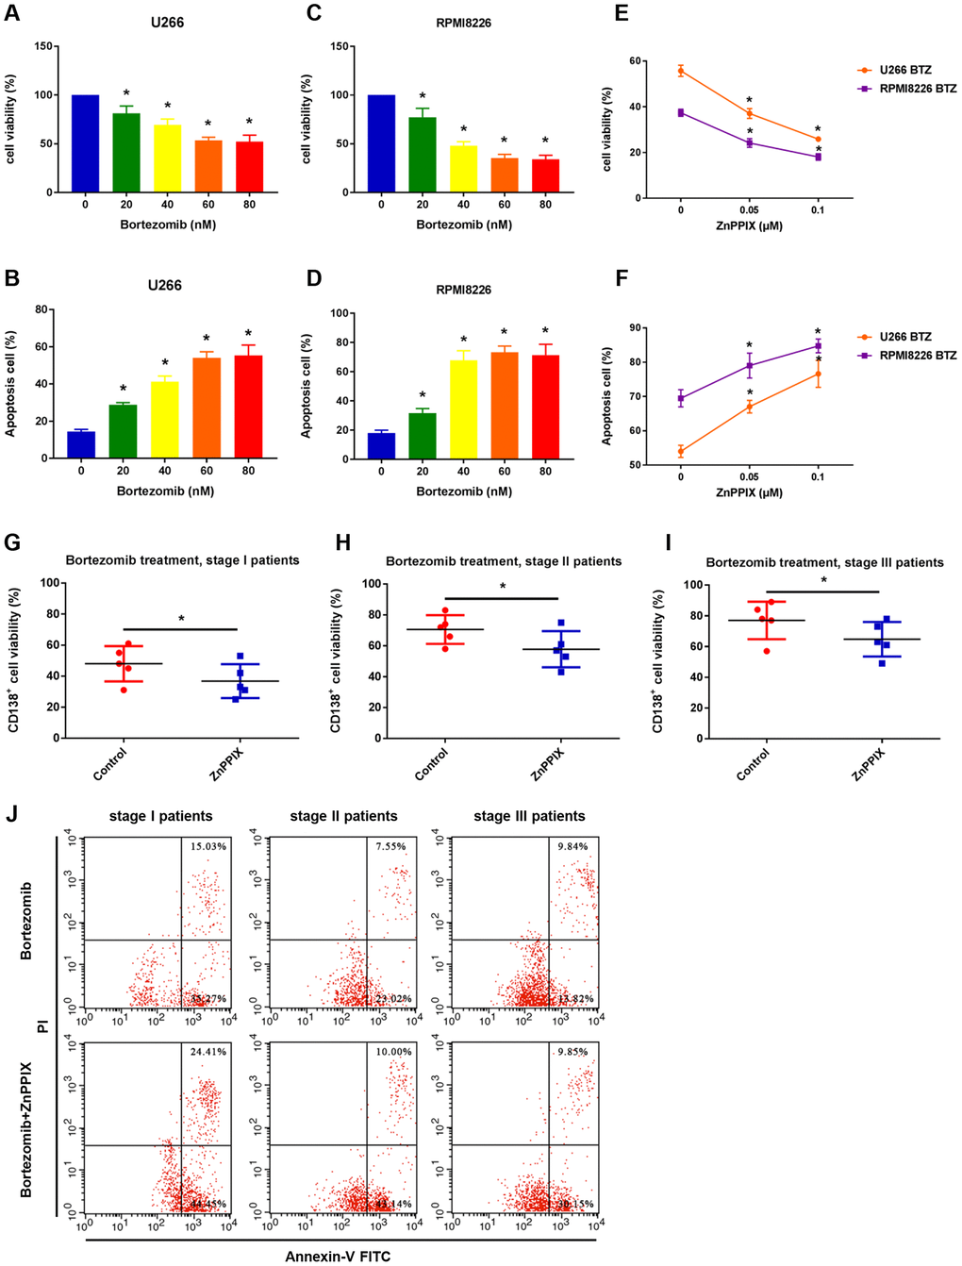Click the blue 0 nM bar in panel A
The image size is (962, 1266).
click(85, 143)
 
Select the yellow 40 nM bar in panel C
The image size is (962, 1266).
click(463, 168)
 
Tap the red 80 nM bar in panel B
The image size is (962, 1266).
click(248, 407)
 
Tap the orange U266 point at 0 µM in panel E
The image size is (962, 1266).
click(681, 71)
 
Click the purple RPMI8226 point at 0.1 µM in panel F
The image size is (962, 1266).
click(818, 346)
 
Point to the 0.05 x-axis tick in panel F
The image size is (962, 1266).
click(750, 477)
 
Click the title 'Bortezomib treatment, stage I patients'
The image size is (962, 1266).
click(182, 560)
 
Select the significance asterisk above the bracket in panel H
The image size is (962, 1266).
click(503, 587)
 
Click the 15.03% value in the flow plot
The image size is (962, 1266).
click(207, 846)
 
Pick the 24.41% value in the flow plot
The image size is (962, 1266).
click(207, 1052)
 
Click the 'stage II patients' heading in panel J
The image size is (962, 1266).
click(343, 816)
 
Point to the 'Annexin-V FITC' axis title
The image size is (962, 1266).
click(338, 1256)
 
